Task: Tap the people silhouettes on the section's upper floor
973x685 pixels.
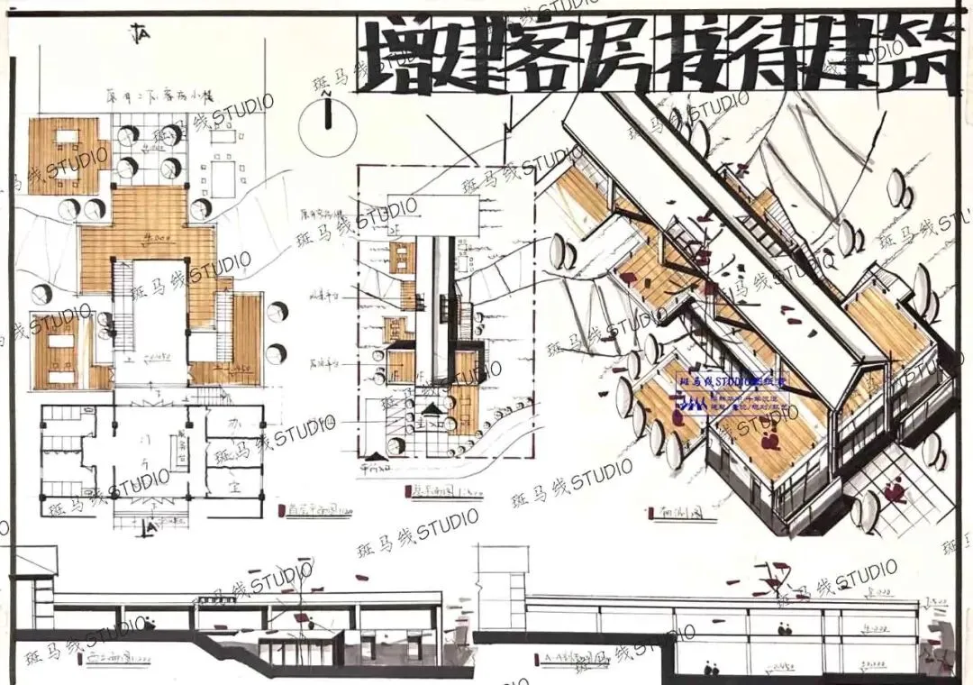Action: (784, 626)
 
